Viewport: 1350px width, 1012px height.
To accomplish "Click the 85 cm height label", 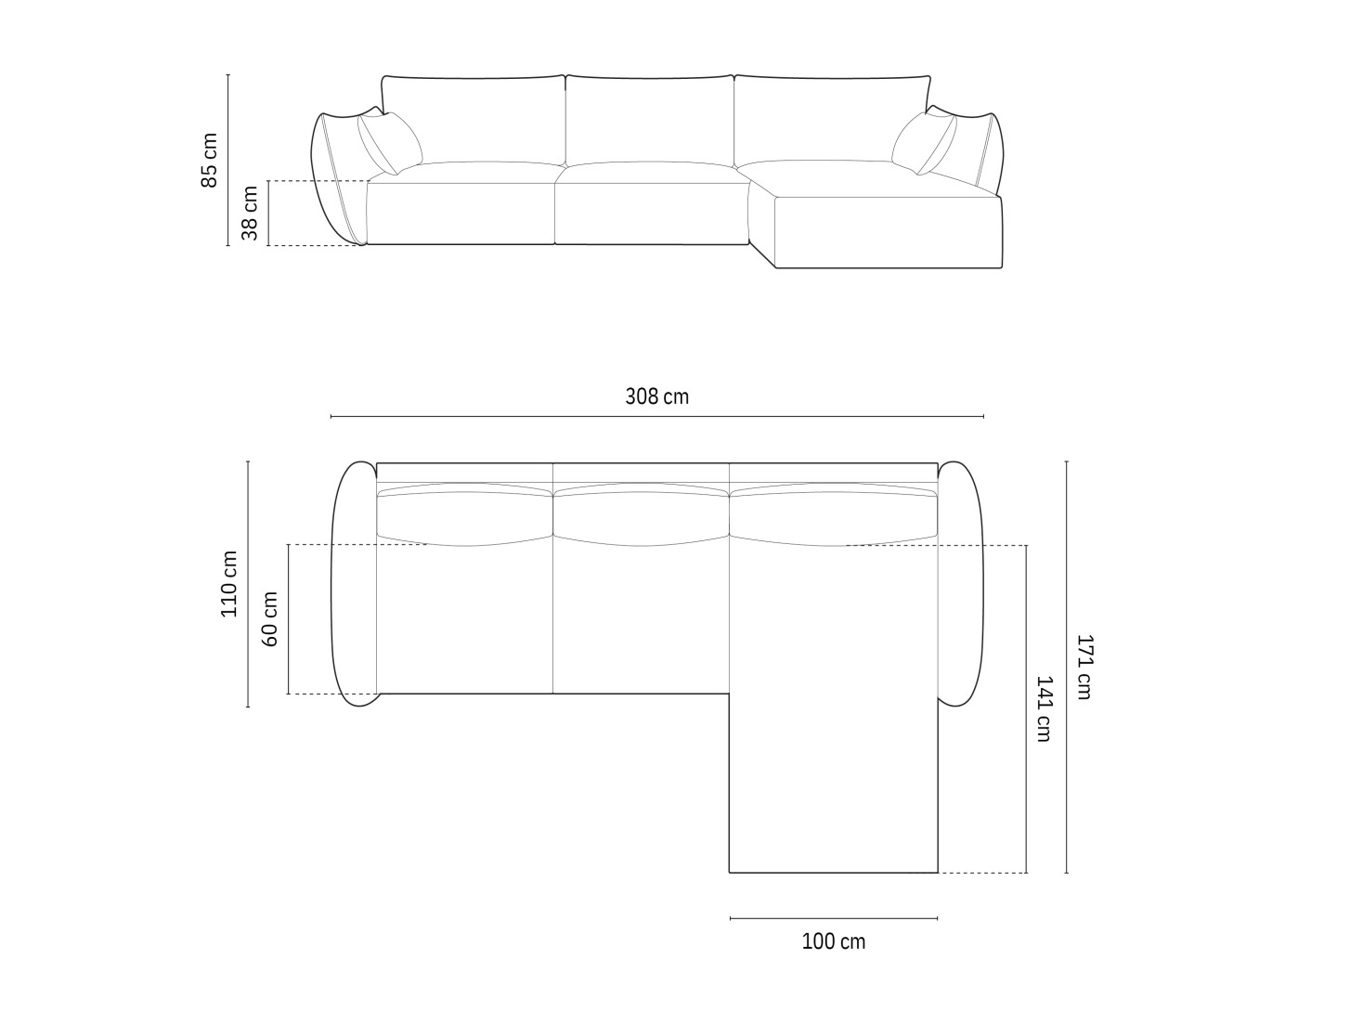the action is click(210, 161).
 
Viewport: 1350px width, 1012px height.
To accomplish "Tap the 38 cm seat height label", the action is click(250, 214).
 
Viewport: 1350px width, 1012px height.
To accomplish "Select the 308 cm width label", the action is click(656, 396).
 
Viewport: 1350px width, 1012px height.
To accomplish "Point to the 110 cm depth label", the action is click(228, 584).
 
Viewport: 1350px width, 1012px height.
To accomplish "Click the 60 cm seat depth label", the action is click(269, 619).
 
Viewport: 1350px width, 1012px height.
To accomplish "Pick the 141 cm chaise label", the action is click(1045, 709).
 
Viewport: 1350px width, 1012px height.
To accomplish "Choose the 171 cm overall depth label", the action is click(1084, 667).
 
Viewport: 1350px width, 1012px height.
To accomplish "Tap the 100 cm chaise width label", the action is click(834, 941).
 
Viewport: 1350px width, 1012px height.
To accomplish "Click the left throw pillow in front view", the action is click(390, 143).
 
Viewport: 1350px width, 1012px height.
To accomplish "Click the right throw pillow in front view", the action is click(924, 143).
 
